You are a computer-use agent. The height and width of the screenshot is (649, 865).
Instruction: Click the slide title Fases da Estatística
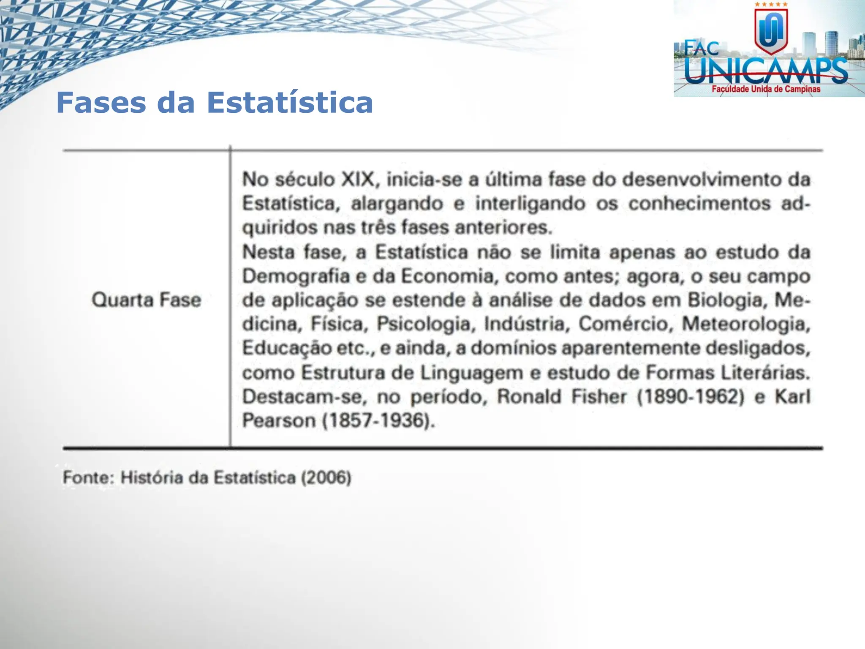(215, 103)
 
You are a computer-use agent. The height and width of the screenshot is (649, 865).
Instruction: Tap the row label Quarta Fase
(146, 300)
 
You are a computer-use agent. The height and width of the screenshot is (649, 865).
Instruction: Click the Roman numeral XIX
(358, 179)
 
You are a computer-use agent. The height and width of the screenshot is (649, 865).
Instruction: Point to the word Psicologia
(424, 324)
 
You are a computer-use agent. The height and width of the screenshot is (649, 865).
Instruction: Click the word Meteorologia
(746, 324)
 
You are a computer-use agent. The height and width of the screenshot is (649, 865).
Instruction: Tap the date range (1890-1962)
(690, 397)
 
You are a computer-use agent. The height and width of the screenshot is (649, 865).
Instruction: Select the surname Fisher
(599, 397)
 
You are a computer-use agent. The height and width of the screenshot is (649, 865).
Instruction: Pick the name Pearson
(279, 421)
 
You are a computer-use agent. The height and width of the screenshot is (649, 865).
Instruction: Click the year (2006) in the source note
(326, 478)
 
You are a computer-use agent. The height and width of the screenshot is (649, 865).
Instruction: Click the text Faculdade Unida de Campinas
(766, 89)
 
